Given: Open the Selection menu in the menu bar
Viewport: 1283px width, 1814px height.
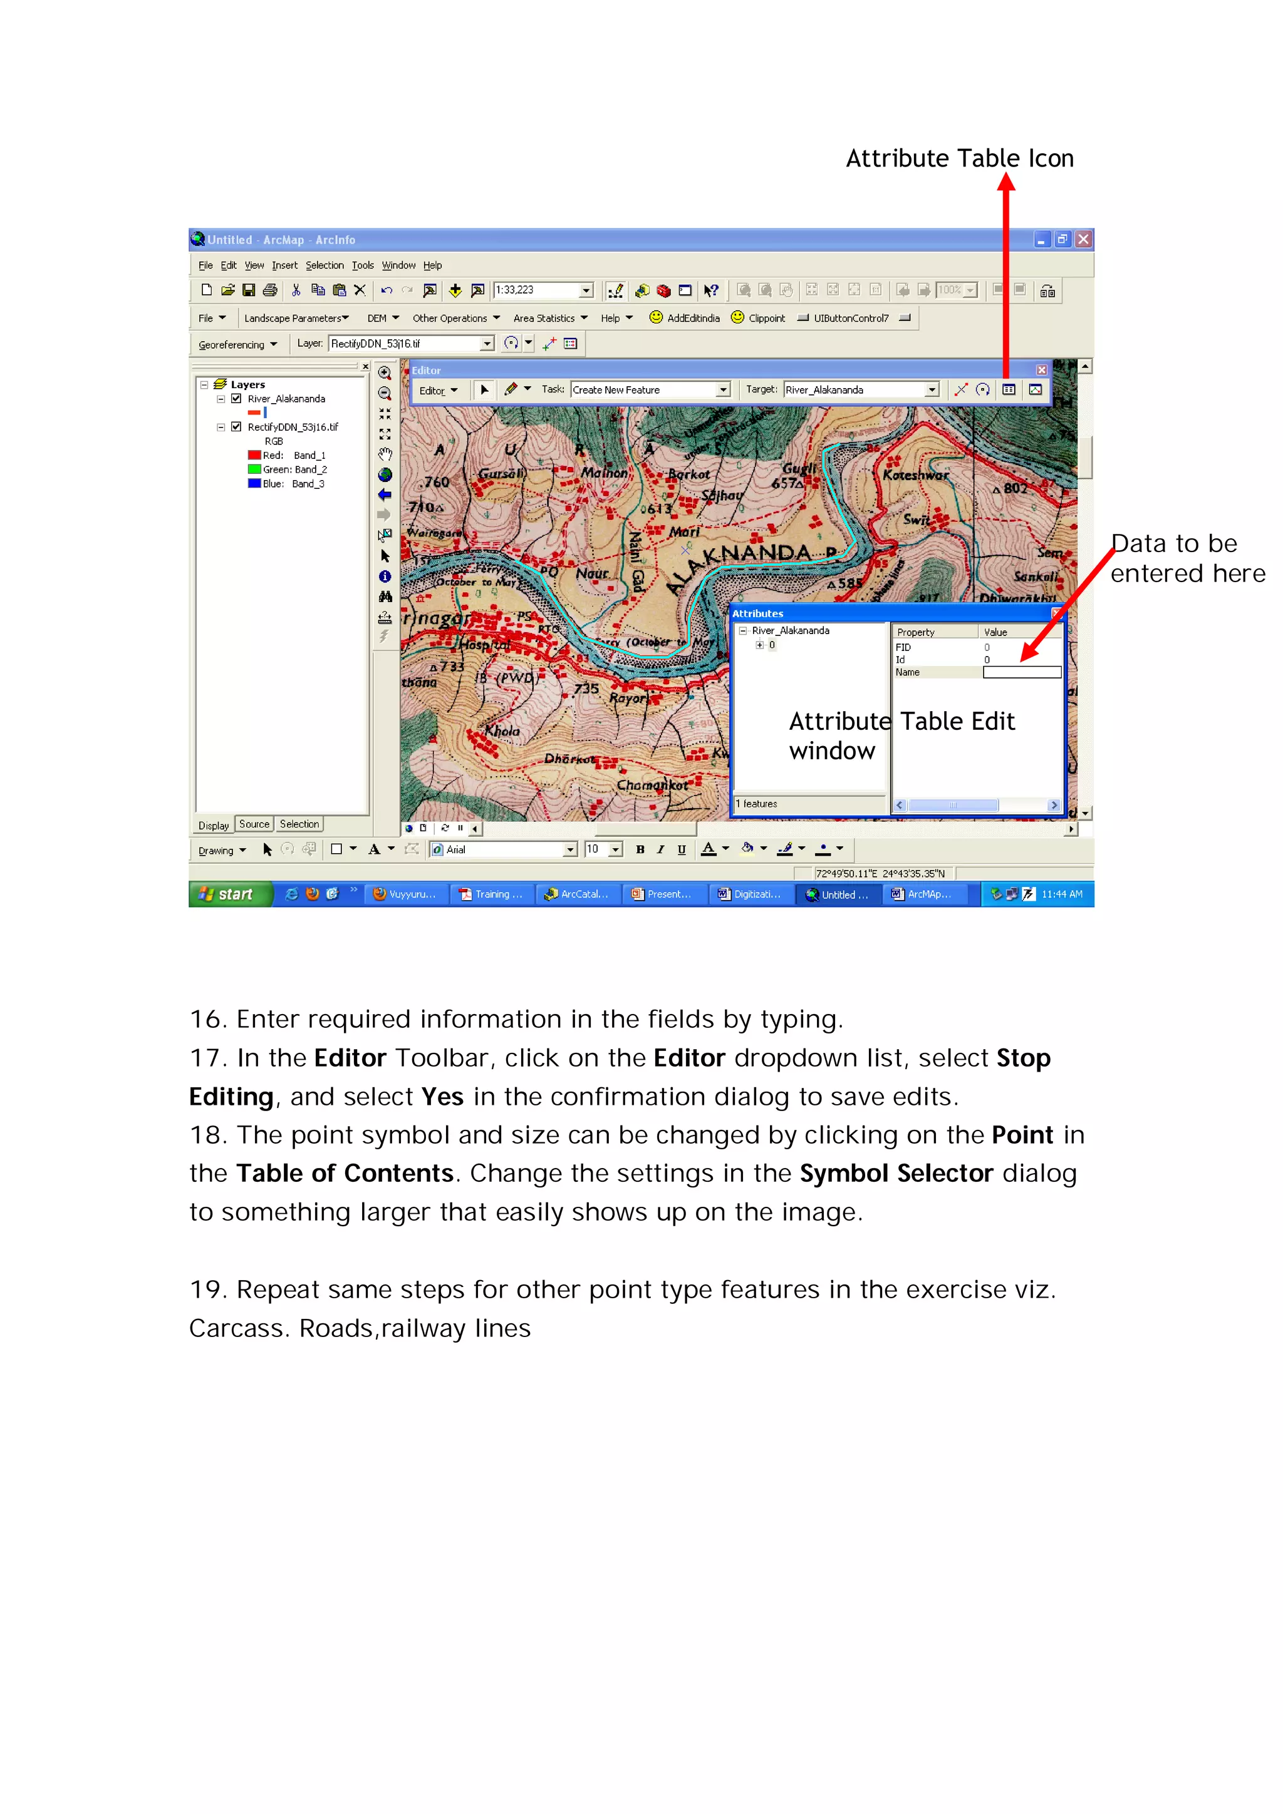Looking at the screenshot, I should click(324, 265).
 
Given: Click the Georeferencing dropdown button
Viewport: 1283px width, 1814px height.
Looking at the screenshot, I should click(237, 344).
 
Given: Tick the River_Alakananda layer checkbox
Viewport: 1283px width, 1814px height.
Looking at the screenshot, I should click(236, 399).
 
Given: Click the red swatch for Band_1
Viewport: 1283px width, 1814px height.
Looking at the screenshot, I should click(254, 455).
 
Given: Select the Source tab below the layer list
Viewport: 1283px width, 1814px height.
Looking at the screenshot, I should click(254, 824).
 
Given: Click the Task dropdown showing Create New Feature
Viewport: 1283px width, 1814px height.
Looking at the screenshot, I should click(649, 389).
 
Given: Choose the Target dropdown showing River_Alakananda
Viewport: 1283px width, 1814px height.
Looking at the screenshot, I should click(861, 389).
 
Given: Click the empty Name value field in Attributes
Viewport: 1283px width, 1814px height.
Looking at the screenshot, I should click(1021, 672).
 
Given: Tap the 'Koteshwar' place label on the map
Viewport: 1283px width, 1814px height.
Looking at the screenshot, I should click(915, 476).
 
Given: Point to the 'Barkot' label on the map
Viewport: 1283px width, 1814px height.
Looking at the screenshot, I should click(688, 474).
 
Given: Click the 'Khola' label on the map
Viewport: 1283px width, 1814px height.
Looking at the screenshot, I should click(503, 731).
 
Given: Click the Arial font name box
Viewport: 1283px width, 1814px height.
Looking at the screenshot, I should click(504, 849).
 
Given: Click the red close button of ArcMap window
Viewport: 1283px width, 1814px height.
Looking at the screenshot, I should click(1083, 239).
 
